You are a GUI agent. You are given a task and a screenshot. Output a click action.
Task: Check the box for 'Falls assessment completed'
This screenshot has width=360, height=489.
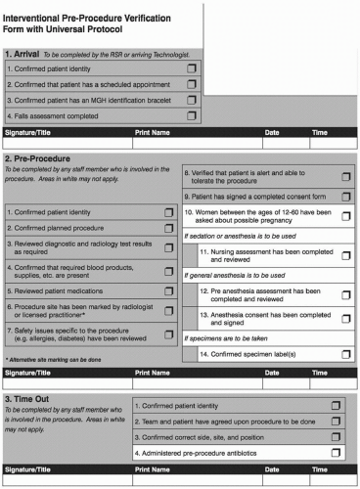(192, 115)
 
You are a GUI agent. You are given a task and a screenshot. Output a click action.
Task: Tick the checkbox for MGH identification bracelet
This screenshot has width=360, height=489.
(192, 100)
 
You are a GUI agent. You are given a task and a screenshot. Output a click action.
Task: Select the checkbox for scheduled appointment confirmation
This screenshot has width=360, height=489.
(192, 84)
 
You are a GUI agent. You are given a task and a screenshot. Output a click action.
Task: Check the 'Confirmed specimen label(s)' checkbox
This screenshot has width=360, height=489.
(346, 353)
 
